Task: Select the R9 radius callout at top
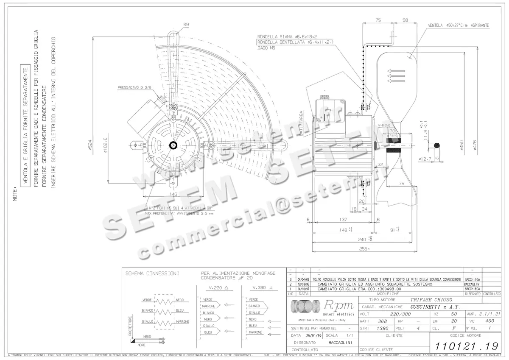(186, 25)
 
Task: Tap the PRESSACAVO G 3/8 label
(134, 88)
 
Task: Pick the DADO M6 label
(266, 48)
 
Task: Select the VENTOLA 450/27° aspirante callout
(458, 25)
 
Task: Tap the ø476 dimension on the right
(475, 145)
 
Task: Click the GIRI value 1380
(383, 328)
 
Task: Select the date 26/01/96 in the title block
(307, 335)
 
